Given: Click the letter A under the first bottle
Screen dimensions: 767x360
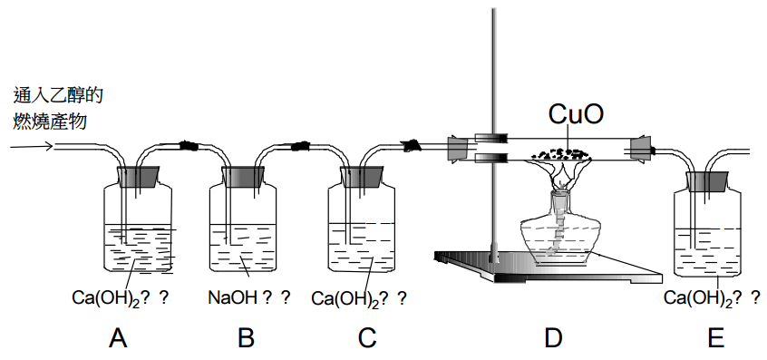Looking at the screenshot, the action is pos(119,337).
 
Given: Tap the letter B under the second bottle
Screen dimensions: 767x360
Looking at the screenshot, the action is pos(246,337).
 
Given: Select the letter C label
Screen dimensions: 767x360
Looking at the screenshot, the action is pos(367,337).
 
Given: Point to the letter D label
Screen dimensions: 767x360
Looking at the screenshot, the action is pos(553,337).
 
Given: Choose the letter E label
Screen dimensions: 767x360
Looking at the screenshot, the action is pos(715,337).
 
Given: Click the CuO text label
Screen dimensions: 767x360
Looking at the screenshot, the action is pos(576,114).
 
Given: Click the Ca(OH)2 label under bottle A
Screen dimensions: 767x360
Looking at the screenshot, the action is pos(106,297).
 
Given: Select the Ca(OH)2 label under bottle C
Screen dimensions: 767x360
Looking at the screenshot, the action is pos(345,297).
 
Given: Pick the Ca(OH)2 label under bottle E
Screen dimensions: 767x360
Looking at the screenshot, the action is pos(698,297).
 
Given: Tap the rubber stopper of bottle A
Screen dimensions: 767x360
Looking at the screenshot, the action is pos(139,176).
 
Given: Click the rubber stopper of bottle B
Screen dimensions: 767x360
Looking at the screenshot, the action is pos(243,176).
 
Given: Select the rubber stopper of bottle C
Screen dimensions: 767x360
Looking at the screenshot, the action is pos(362,176).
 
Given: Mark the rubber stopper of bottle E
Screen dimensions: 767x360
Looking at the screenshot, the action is pos(706,182).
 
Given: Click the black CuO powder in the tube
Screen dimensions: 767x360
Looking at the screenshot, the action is pos(561,153).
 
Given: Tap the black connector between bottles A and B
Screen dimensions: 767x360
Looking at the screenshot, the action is pos(189,145).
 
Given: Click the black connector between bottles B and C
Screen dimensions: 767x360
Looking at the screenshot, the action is pos(300,145).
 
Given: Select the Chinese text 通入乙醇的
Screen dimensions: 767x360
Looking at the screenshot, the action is pos(58,95).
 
